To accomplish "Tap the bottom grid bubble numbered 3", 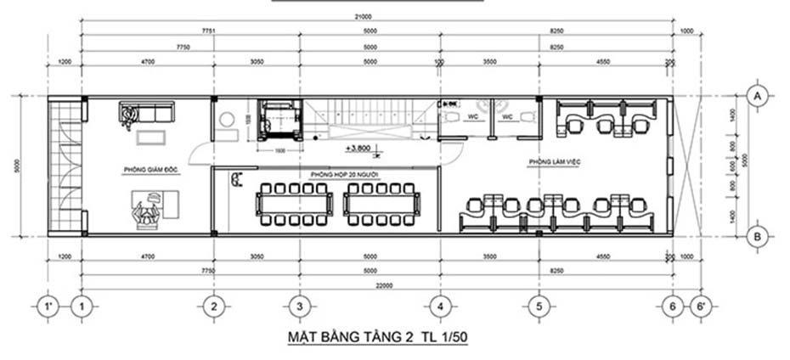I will click(x=297, y=305).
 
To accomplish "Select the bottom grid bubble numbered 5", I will click(x=537, y=305).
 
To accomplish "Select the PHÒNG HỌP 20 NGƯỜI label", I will click(x=344, y=173).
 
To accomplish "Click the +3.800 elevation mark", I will click(x=359, y=149).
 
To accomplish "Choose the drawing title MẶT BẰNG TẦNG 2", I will click(x=378, y=337).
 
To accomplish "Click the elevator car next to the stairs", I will click(x=277, y=119).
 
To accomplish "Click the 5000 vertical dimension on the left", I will click(x=19, y=166).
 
